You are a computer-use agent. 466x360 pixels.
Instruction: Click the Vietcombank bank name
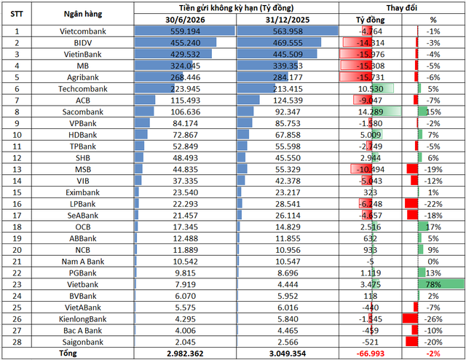click(82, 31)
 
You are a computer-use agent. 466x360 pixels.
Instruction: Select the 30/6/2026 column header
click(185, 20)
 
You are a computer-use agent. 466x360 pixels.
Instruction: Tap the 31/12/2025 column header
click(288, 20)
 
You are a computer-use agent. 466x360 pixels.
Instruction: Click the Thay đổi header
click(401, 8)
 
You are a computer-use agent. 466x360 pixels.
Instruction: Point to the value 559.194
click(185, 31)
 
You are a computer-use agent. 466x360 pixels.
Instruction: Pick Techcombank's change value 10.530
click(371, 89)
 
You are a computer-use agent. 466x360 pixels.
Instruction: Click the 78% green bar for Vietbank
click(441, 284)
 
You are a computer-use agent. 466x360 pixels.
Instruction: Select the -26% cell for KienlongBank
click(433, 319)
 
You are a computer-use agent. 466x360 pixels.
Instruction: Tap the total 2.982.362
click(185, 353)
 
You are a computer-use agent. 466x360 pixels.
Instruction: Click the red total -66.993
click(371, 353)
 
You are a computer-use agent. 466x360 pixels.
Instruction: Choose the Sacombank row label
click(82, 112)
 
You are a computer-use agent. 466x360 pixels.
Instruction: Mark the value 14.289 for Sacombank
click(371, 112)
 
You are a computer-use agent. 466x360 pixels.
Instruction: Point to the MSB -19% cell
click(433, 169)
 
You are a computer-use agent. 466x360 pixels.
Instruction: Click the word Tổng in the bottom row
click(68, 353)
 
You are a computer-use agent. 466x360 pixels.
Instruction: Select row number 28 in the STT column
click(17, 342)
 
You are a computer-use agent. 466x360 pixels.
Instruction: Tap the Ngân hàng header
click(82, 14)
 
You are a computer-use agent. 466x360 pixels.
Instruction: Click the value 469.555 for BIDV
click(288, 43)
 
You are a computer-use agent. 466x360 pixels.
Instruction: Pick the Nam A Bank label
click(82, 262)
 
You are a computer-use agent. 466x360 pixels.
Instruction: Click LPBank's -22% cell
click(433, 204)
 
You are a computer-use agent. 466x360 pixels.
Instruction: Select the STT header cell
click(17, 14)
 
